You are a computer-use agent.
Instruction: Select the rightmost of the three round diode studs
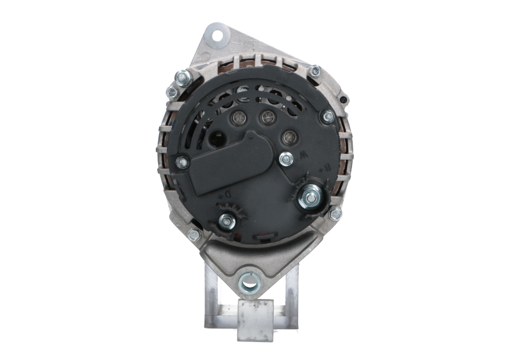pos(289,136)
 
